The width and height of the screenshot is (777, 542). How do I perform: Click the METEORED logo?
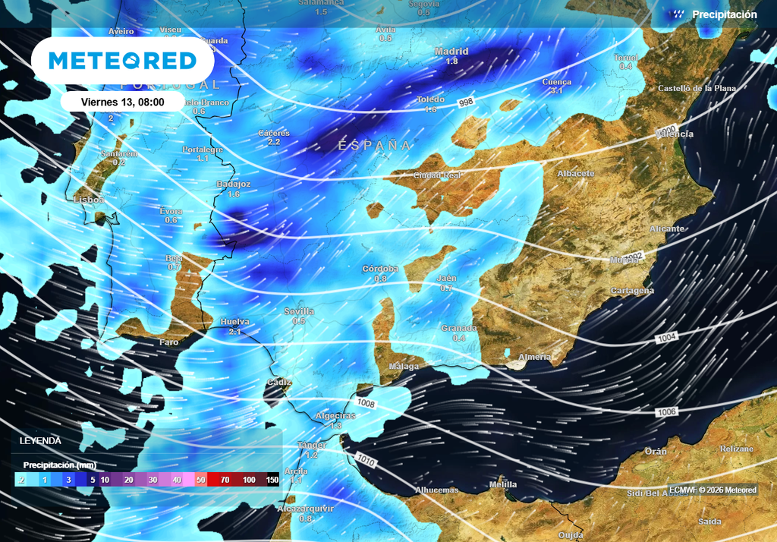point(122,60)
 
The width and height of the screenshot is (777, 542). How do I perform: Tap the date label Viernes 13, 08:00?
point(121,102)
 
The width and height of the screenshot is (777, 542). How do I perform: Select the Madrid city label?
point(451,52)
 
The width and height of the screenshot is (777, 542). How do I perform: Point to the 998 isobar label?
point(467,102)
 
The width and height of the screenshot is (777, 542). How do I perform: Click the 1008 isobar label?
point(366,404)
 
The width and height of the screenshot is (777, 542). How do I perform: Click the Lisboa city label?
point(88,200)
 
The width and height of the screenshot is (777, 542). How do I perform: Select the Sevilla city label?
point(299,311)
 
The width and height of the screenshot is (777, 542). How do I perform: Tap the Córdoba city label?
point(380,269)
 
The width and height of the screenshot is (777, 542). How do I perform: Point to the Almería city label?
point(533,357)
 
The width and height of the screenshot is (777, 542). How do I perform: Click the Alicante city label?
point(667,228)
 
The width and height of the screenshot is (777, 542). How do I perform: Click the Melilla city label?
point(503,484)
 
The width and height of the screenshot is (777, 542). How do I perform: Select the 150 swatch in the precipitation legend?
point(272,480)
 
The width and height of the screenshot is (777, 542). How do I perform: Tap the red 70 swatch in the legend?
point(225,480)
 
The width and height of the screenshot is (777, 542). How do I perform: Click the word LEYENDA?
point(40,441)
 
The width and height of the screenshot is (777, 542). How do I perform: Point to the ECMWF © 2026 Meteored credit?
point(713,490)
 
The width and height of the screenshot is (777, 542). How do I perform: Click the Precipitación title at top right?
point(724,14)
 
